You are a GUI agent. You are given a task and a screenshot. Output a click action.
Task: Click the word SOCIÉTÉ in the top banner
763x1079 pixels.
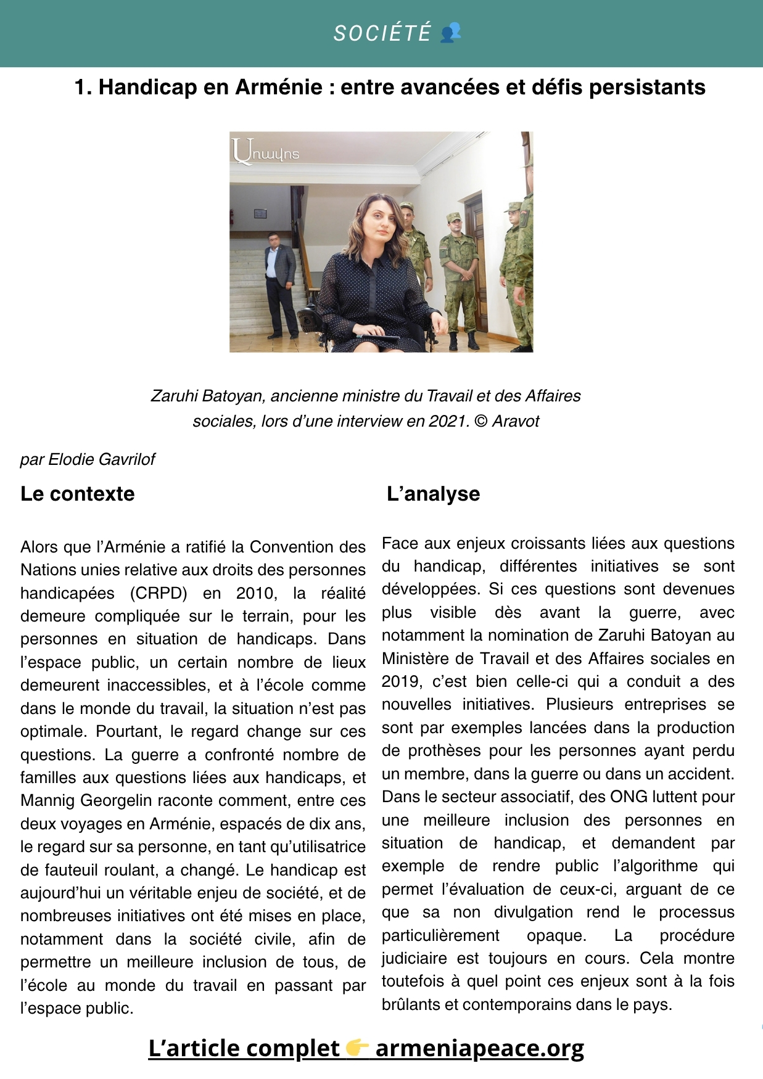click(x=382, y=33)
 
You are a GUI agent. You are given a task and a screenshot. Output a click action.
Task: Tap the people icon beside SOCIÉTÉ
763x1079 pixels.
click(x=451, y=32)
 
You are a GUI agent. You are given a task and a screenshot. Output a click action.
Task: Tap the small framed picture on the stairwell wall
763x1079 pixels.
click(x=260, y=214)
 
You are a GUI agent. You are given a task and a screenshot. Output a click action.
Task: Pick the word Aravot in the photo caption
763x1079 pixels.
click(x=515, y=421)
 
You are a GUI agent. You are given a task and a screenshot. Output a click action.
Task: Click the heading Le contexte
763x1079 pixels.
click(x=77, y=494)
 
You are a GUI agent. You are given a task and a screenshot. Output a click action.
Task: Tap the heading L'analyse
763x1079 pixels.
click(x=433, y=494)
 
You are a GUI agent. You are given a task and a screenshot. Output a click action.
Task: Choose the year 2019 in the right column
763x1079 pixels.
click(x=400, y=681)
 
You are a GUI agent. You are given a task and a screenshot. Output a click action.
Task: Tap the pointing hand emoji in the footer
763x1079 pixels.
click(x=357, y=1048)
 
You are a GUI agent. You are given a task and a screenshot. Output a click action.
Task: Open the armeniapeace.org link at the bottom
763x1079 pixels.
click(x=479, y=1048)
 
